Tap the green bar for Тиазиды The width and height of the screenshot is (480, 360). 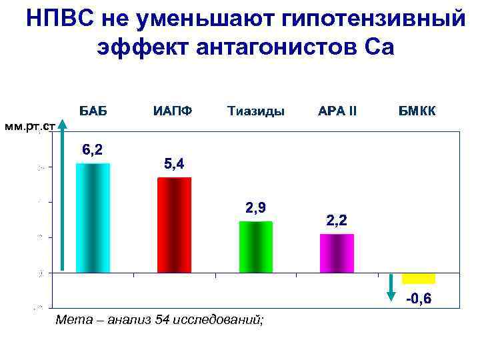(x=255, y=247)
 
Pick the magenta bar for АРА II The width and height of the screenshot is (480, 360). (x=337, y=253)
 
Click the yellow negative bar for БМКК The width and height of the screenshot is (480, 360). (x=418, y=278)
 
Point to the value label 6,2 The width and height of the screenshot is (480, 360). (x=92, y=150)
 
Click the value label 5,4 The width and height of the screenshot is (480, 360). (x=174, y=163)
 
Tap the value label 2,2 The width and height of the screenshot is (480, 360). (x=336, y=220)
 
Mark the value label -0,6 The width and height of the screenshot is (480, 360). (x=419, y=299)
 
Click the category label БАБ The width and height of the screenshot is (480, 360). (x=93, y=111)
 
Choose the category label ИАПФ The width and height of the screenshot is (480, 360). (x=173, y=111)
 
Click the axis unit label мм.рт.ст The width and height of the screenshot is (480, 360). (x=27, y=126)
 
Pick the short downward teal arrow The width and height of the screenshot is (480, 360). (x=391, y=287)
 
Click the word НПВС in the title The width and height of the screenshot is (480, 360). (x=61, y=19)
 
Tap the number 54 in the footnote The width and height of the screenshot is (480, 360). (x=162, y=321)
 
